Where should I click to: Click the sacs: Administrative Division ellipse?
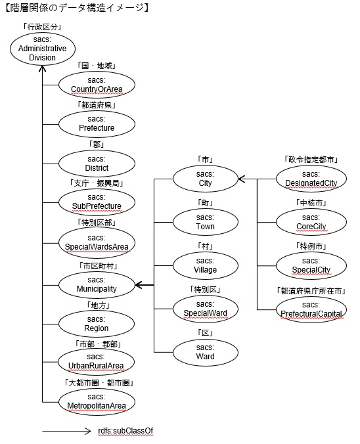click(x=43, y=49)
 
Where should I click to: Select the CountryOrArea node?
click(x=97, y=85)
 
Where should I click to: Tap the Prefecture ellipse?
click(x=97, y=124)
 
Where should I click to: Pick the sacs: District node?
click(x=97, y=164)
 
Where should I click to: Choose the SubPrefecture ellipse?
click(x=97, y=202)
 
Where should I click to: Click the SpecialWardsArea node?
click(x=97, y=242)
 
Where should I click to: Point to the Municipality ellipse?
click(x=97, y=284)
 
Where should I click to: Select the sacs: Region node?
click(x=97, y=324)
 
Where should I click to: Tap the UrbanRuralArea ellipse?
click(x=96, y=362)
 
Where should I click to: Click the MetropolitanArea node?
click(x=97, y=401)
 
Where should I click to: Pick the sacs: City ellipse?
click(x=206, y=179)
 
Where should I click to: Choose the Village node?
click(x=206, y=265)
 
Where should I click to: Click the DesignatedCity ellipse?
click(x=311, y=179)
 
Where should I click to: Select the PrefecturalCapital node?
click(x=311, y=309)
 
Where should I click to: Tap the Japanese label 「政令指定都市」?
click(x=311, y=160)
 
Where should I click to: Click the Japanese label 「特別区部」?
click(x=97, y=223)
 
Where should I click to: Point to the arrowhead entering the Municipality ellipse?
click(x=139, y=285)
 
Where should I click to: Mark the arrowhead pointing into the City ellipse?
click(x=242, y=179)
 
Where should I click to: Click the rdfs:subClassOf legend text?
click(x=125, y=432)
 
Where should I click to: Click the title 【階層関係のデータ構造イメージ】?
click(x=76, y=8)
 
